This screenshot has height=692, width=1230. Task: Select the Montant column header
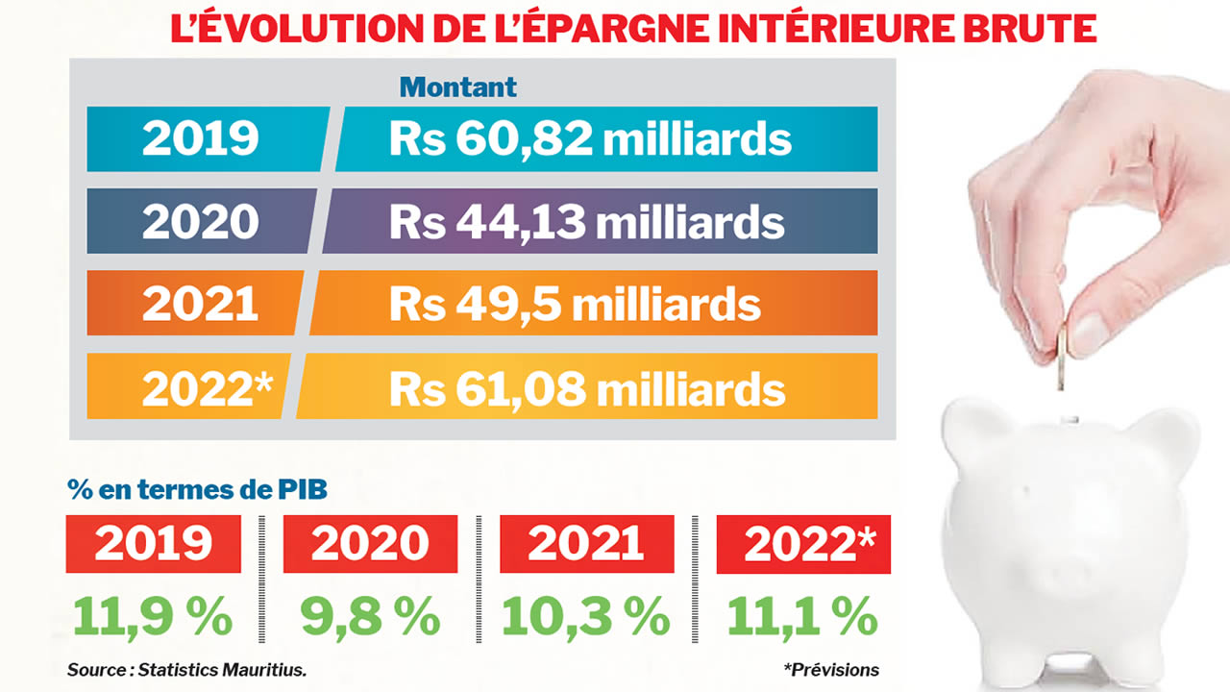458,86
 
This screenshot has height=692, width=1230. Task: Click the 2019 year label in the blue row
201,139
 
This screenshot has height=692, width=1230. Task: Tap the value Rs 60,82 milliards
590,139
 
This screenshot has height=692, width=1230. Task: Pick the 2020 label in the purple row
201,222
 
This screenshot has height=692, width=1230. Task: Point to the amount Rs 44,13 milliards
586,222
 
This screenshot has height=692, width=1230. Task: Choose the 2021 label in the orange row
201,305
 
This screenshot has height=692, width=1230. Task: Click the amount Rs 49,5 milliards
575,305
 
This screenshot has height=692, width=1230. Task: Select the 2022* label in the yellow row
208,388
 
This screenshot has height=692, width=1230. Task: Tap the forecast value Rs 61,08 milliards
587,388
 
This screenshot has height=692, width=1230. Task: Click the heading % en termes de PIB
197,489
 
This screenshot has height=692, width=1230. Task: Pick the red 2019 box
153,544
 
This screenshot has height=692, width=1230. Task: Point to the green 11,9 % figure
153,616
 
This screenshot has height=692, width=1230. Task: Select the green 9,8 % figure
370,616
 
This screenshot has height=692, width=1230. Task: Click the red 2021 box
586,544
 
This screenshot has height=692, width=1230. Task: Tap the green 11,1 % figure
802,616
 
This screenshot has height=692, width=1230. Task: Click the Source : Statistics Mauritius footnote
187,670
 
